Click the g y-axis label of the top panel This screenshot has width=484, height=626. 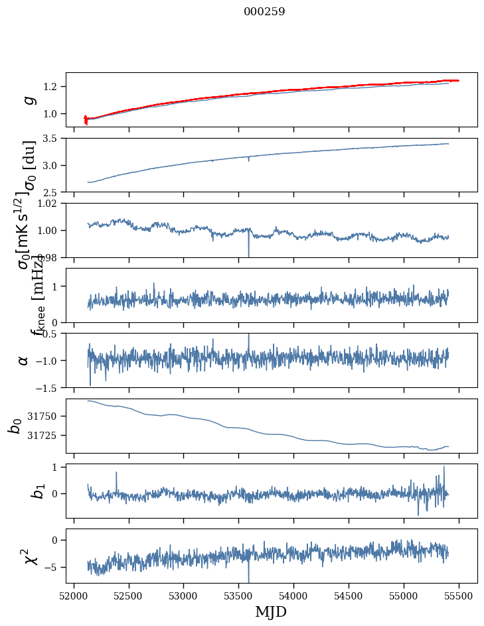(28, 99)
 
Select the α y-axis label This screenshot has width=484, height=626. (24, 360)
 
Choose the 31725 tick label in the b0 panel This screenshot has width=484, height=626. (45, 435)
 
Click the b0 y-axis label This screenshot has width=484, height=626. (15, 426)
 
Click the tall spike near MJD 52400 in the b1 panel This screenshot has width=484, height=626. (116, 473)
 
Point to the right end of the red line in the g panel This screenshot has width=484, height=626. (458, 80)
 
